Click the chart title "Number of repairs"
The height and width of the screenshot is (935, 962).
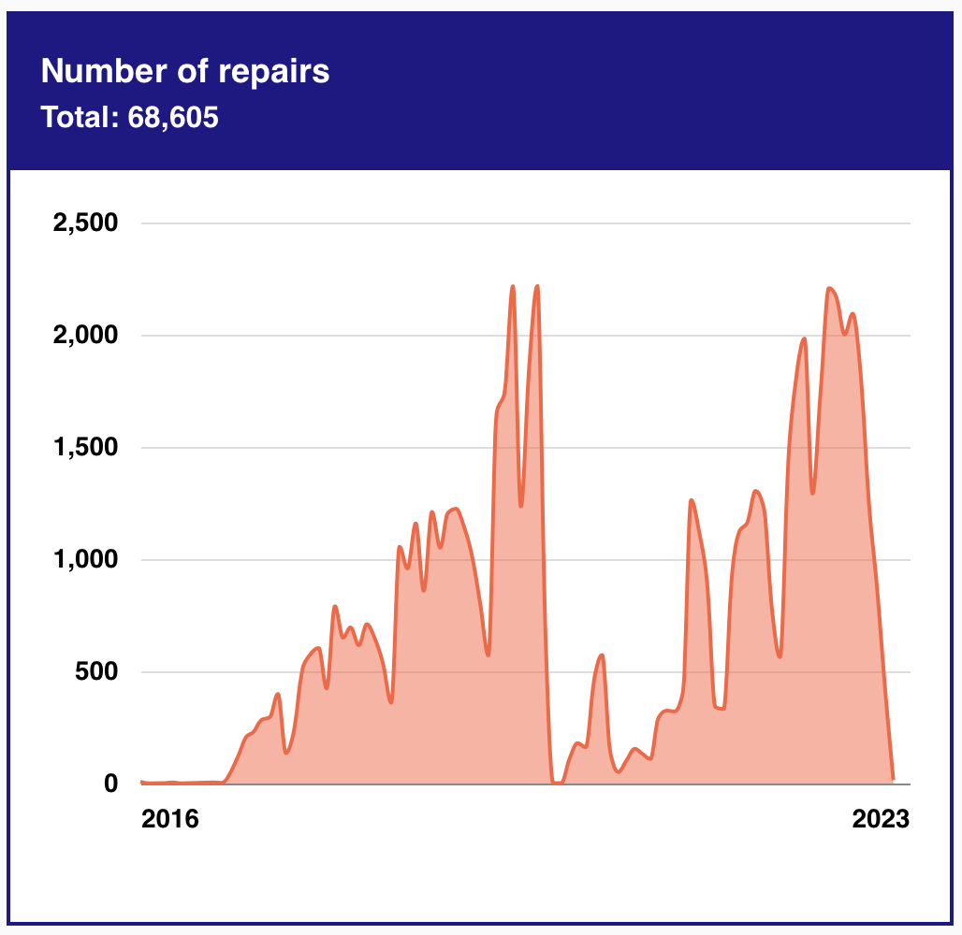(185, 71)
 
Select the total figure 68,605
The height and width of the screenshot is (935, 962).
(172, 118)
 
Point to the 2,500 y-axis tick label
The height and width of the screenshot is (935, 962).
(83, 223)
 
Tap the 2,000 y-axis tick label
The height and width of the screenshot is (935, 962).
(83, 336)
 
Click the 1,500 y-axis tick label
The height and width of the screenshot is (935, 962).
(83, 448)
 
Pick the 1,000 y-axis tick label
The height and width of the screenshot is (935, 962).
(83, 560)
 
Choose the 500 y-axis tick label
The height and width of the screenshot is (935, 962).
(97, 672)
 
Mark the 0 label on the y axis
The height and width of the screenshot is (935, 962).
(111, 784)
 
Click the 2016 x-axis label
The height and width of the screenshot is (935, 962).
(169, 819)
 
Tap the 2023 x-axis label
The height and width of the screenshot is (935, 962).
(881, 819)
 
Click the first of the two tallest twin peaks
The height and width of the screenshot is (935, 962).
(513, 287)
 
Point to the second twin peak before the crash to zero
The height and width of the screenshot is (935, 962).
(537, 287)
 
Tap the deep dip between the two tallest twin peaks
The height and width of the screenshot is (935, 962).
(521, 506)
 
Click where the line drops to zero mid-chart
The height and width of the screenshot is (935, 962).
(557, 783)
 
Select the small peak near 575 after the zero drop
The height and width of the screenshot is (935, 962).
(602, 655)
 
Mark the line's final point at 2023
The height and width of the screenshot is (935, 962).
(893, 778)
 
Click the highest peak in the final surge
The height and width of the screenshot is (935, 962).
(830, 289)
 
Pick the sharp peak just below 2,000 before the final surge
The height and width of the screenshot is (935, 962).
(804, 338)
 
